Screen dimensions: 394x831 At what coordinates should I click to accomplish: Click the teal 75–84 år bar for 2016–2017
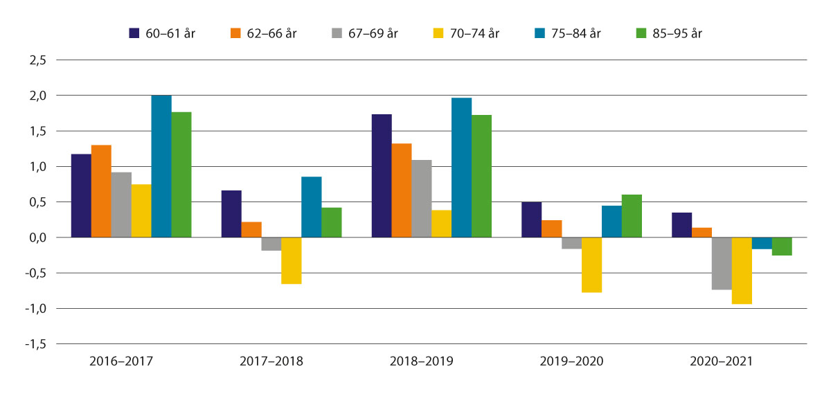[161, 166]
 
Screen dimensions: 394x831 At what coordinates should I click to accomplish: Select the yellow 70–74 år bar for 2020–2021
[742, 271]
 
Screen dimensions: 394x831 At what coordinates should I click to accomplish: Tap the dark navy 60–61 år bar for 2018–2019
[382, 176]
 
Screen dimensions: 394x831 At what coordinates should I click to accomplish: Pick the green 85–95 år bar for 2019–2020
[632, 216]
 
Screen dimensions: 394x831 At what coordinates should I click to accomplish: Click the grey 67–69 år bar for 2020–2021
[722, 263]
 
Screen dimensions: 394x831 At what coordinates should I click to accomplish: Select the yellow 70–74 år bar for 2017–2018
[292, 260]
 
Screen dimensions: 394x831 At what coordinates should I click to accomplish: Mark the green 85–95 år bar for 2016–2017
[181, 174]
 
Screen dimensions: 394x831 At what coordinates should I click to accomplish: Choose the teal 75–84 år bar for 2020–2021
[762, 243]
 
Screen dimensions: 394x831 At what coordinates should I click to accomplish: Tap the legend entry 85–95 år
[679, 33]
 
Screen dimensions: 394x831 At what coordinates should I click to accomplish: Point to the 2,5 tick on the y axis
[37, 60]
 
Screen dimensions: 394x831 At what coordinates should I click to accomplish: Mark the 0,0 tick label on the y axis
[37, 238]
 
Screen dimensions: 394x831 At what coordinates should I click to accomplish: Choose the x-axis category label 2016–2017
[122, 361]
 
